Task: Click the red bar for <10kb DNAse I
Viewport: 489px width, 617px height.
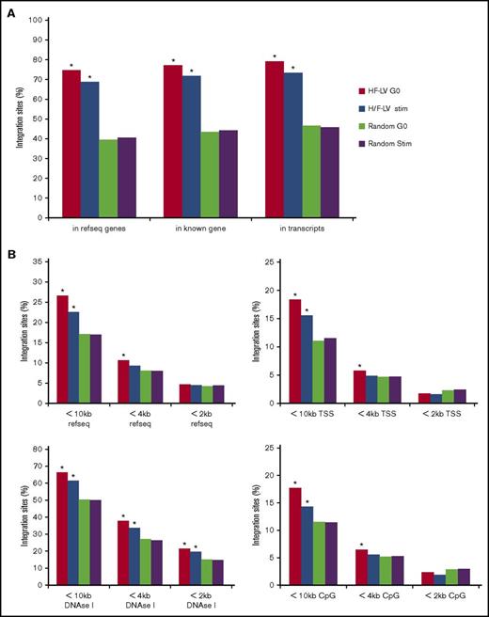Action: (63, 531)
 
